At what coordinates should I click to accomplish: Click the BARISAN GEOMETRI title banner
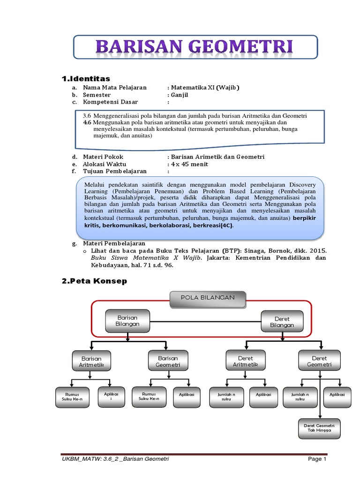195,48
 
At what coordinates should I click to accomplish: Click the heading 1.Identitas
86,78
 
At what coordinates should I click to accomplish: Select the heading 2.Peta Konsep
94,281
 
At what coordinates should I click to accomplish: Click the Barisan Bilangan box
127,320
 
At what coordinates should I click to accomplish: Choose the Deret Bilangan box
282,322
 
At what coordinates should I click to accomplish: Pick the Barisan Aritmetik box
92,361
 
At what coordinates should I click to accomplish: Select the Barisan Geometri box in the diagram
167,360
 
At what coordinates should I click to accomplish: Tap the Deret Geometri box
319,361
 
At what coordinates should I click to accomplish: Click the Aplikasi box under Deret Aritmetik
263,395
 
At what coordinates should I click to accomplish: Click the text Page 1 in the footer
317,459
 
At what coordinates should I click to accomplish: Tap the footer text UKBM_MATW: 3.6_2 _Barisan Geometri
116,459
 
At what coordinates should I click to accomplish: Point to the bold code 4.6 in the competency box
86,122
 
